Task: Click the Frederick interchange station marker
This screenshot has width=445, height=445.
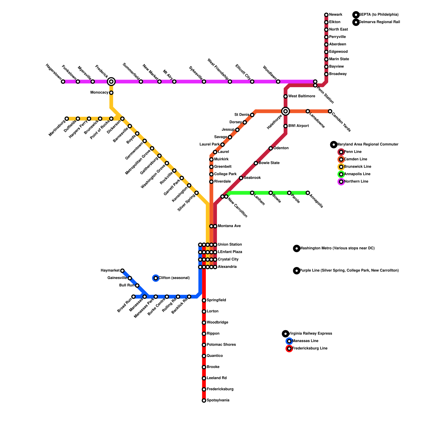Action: tap(111, 81)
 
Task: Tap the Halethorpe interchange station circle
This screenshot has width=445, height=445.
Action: tap(285, 111)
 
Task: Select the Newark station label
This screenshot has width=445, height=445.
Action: tap(335, 15)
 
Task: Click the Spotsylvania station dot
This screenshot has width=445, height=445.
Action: tap(204, 400)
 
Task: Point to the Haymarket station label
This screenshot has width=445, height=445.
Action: tap(110, 271)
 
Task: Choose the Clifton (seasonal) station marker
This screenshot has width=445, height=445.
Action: tap(156, 278)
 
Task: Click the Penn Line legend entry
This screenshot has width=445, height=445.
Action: tap(353, 152)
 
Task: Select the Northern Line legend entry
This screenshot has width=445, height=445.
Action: tap(356, 182)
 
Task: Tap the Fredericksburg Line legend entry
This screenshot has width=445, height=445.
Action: tap(310, 348)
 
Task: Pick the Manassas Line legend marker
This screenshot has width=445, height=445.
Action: tap(289, 341)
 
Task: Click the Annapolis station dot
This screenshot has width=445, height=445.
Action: tap(308, 193)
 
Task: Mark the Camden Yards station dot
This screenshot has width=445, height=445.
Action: tap(330, 111)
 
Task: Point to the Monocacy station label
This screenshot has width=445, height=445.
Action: tap(99, 93)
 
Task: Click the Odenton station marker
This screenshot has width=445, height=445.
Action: tap(271, 148)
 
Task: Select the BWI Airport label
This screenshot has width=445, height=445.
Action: tap(298, 126)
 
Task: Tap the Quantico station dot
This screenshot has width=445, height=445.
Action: tap(204, 356)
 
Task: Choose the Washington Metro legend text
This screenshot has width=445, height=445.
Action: tap(337, 248)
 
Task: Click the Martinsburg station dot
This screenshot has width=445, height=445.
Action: tap(67, 119)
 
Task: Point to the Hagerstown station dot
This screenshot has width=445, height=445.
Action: tap(63, 81)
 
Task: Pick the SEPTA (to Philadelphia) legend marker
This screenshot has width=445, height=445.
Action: tap(356, 15)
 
